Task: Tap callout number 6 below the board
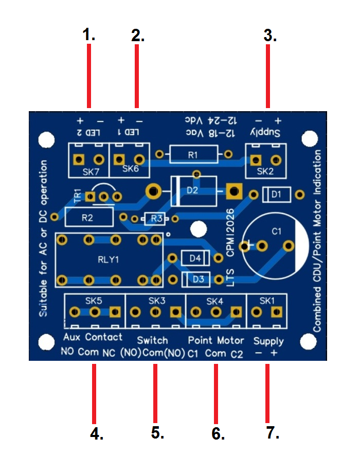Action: click(218, 433)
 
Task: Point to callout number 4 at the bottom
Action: click(96, 433)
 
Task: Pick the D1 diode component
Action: click(277, 195)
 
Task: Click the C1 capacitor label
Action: click(276, 232)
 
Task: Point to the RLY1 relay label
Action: click(108, 260)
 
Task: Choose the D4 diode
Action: click(195, 258)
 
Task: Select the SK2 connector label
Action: click(265, 171)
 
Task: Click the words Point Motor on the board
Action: click(215, 340)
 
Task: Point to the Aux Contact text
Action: click(93, 337)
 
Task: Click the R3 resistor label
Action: click(157, 219)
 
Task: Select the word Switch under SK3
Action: click(152, 340)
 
